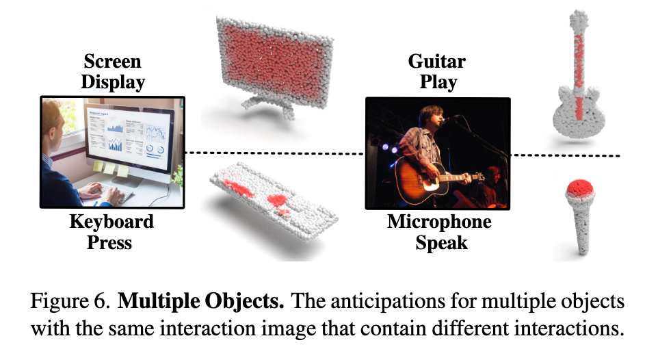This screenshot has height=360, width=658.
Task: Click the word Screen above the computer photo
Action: click(112, 62)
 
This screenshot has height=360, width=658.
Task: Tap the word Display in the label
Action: click(113, 82)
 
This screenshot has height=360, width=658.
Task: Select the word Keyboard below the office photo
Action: click(111, 222)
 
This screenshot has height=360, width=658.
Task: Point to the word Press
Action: click(109, 243)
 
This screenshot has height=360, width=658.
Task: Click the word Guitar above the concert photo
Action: click(437, 62)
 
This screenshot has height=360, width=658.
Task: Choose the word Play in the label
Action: click(438, 82)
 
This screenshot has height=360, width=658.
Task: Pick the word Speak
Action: click(441, 243)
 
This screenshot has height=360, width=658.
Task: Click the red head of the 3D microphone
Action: click(579, 188)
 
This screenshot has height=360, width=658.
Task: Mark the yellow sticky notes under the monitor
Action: click(111, 168)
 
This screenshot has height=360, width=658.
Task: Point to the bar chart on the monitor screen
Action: click(115, 145)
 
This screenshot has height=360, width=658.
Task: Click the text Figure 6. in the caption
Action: click(70, 301)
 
